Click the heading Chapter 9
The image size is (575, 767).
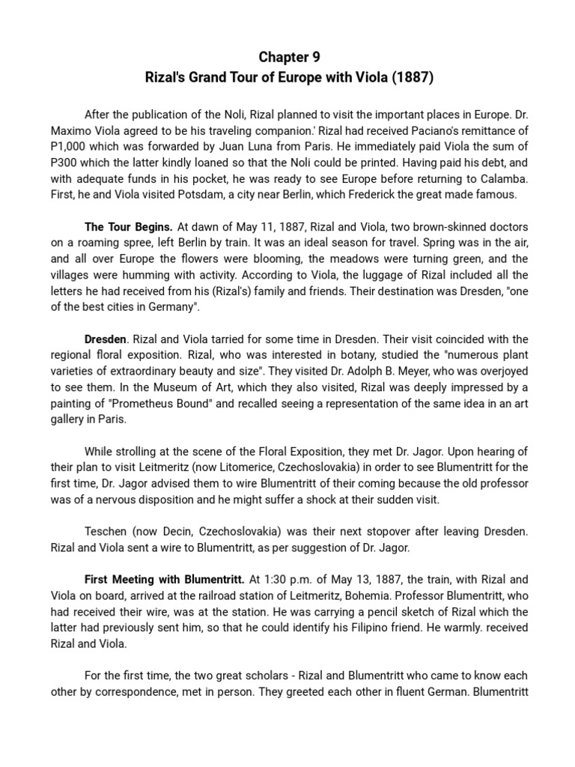tap(287, 58)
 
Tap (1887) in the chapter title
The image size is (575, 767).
tap(413, 77)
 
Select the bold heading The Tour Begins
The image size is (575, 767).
tap(129, 227)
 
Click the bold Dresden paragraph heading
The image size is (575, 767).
tap(106, 339)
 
